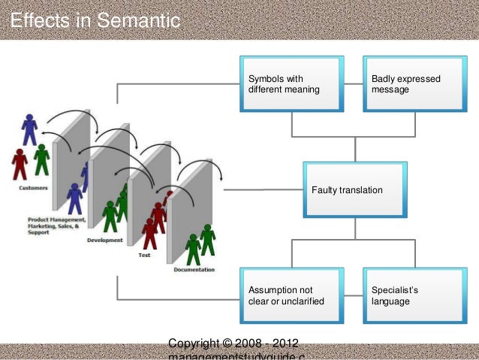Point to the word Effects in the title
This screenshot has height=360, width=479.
pos(40,20)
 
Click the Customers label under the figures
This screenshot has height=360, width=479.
pos(34,188)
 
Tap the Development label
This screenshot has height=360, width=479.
pos(105,241)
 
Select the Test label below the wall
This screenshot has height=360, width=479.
pos(144,256)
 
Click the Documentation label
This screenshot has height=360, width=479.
pos(194,270)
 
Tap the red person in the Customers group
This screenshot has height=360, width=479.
pos(20,163)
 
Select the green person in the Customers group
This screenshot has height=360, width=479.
pos(42,159)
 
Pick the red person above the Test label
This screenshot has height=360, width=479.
pos(150,232)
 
